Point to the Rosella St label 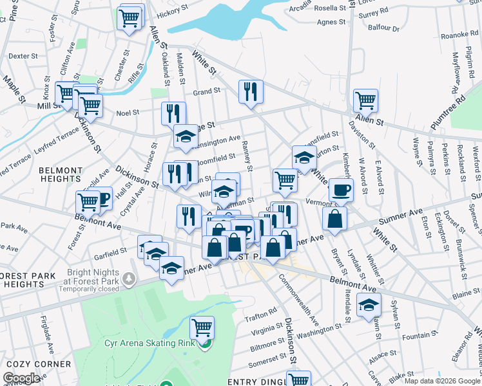tap(331, 8)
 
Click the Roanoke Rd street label tap(458, 35)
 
